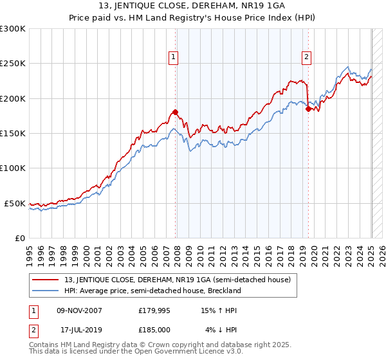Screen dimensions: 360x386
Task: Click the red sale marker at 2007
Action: [x=175, y=112]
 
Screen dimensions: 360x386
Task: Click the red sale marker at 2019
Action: [x=308, y=109]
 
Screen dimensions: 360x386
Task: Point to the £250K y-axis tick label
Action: [x=13, y=64]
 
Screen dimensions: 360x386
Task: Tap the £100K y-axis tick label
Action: [x=13, y=168]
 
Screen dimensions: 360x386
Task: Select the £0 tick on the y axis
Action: [x=20, y=238]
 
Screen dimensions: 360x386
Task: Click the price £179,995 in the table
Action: [x=154, y=310]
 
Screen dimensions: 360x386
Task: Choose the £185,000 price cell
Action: [x=154, y=330]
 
